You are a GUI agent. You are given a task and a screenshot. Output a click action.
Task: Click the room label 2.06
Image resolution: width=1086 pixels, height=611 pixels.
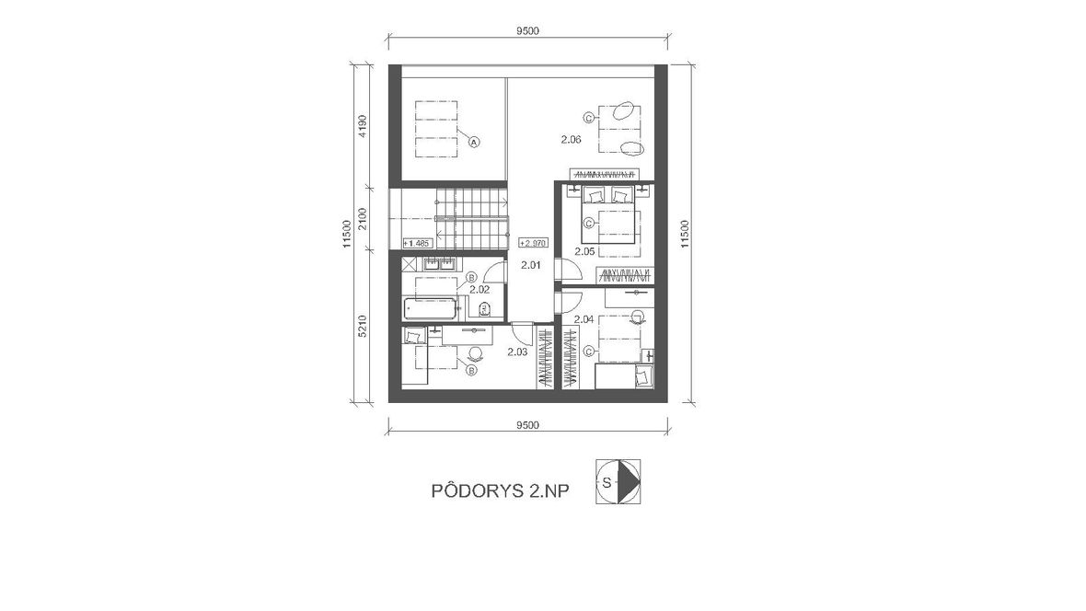pyautogui.click(x=571, y=140)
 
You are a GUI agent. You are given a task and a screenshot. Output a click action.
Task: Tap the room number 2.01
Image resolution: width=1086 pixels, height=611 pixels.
pyautogui.click(x=530, y=265)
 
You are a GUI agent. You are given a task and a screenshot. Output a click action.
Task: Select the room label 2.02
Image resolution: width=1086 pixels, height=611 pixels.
pyautogui.click(x=479, y=290)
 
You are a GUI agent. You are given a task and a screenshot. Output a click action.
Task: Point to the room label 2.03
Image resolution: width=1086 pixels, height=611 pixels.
pyautogui.click(x=517, y=352)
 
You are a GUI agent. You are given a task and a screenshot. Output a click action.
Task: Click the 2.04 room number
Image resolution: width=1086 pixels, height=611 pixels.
pyautogui.click(x=584, y=319)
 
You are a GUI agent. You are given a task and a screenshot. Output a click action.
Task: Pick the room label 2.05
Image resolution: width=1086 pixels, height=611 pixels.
pyautogui.click(x=584, y=251)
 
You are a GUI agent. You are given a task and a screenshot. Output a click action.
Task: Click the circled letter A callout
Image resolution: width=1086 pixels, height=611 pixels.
pyautogui.click(x=474, y=142)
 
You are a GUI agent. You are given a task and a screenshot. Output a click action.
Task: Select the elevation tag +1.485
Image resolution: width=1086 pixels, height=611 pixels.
pyautogui.click(x=418, y=243)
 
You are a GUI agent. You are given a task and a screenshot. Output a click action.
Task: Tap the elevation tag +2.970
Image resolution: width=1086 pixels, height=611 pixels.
pyautogui.click(x=533, y=243)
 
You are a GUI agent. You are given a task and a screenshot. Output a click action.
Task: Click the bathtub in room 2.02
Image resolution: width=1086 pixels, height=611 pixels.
pyautogui.click(x=430, y=308)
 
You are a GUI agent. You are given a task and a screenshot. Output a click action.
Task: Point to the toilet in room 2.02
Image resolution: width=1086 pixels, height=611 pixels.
pyautogui.click(x=484, y=307)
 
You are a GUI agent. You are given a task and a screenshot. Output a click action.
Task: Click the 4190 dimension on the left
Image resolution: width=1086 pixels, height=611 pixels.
pyautogui.click(x=362, y=126)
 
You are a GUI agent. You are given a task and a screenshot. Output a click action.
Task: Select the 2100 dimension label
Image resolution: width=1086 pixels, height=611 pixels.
pyautogui.click(x=362, y=219)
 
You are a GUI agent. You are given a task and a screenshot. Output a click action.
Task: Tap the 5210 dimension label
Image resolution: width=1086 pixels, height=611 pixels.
pyautogui.click(x=362, y=327)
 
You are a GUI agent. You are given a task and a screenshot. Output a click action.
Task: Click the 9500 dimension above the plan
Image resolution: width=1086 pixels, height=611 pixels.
pyautogui.click(x=527, y=30)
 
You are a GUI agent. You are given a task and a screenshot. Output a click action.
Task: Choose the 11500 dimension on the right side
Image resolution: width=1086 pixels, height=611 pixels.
pyautogui.click(x=685, y=234)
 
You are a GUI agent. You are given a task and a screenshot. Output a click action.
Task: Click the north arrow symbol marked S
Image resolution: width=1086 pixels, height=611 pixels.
pyautogui.click(x=618, y=481)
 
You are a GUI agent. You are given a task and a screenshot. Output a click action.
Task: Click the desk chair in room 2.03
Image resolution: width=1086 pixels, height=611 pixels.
pyautogui.click(x=475, y=352)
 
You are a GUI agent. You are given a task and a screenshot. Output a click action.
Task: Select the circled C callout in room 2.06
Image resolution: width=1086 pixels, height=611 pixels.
pyautogui.click(x=588, y=119)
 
